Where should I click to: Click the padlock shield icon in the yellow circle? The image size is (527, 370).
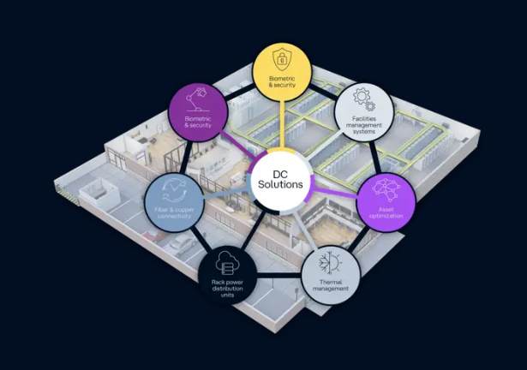(282, 58)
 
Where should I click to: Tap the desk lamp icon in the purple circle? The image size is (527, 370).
(198, 99)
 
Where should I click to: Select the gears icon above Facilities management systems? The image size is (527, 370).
(364, 99)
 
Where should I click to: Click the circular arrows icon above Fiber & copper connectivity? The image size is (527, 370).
(174, 190)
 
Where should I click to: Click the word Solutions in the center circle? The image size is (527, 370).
(280, 184)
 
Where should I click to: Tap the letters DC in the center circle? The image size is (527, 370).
(280, 175)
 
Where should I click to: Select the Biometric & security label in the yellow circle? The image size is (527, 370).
(282, 82)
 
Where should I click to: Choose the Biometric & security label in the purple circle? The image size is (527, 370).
(198, 122)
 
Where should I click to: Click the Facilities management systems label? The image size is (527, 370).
(364, 125)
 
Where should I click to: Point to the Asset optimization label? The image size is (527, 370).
(386, 212)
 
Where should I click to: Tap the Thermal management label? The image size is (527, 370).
(331, 285)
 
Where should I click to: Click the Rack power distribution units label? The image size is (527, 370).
(227, 289)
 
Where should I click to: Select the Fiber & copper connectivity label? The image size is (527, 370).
(174, 212)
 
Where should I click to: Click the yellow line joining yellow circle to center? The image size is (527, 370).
(282, 125)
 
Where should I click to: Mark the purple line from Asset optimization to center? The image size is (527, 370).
(335, 192)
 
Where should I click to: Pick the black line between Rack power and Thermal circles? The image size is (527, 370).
(279, 276)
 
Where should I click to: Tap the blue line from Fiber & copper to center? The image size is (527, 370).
(228, 195)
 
